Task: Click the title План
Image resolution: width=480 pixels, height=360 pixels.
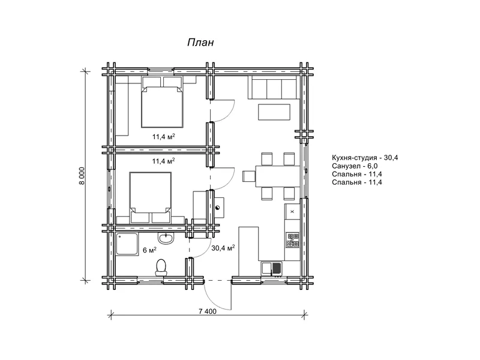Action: click(200, 42)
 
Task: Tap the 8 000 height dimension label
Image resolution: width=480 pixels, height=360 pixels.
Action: click(82, 176)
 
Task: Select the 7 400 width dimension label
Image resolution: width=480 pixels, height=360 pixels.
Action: click(207, 311)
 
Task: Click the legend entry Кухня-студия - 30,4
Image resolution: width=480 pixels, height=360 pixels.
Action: click(365, 158)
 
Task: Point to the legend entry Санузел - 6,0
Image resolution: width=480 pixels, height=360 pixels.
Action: click(355, 166)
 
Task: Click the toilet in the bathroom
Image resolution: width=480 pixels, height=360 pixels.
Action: click(161, 268)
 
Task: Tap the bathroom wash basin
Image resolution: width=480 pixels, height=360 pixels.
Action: click(166, 238)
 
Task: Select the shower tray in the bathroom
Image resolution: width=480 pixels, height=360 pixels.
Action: click(127, 244)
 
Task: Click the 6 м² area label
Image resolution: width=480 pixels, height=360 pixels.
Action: click(149, 250)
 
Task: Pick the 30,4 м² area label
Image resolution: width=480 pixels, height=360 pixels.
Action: click(223, 248)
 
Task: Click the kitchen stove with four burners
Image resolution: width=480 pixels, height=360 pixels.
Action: click(293, 241)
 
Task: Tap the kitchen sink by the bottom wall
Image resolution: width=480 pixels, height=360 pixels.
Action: click(272, 268)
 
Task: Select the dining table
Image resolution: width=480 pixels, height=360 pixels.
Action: click(278, 176)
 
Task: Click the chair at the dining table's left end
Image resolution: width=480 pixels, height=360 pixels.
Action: click(249, 176)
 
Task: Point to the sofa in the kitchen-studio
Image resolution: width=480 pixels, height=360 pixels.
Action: click(274, 88)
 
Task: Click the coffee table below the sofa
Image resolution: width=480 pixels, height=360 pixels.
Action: click(274, 112)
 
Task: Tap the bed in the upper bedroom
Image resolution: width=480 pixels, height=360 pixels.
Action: click(162, 102)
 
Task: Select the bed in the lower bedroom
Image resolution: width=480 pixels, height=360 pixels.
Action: click(151, 197)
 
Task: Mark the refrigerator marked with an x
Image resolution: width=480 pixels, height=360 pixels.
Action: click(292, 211)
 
